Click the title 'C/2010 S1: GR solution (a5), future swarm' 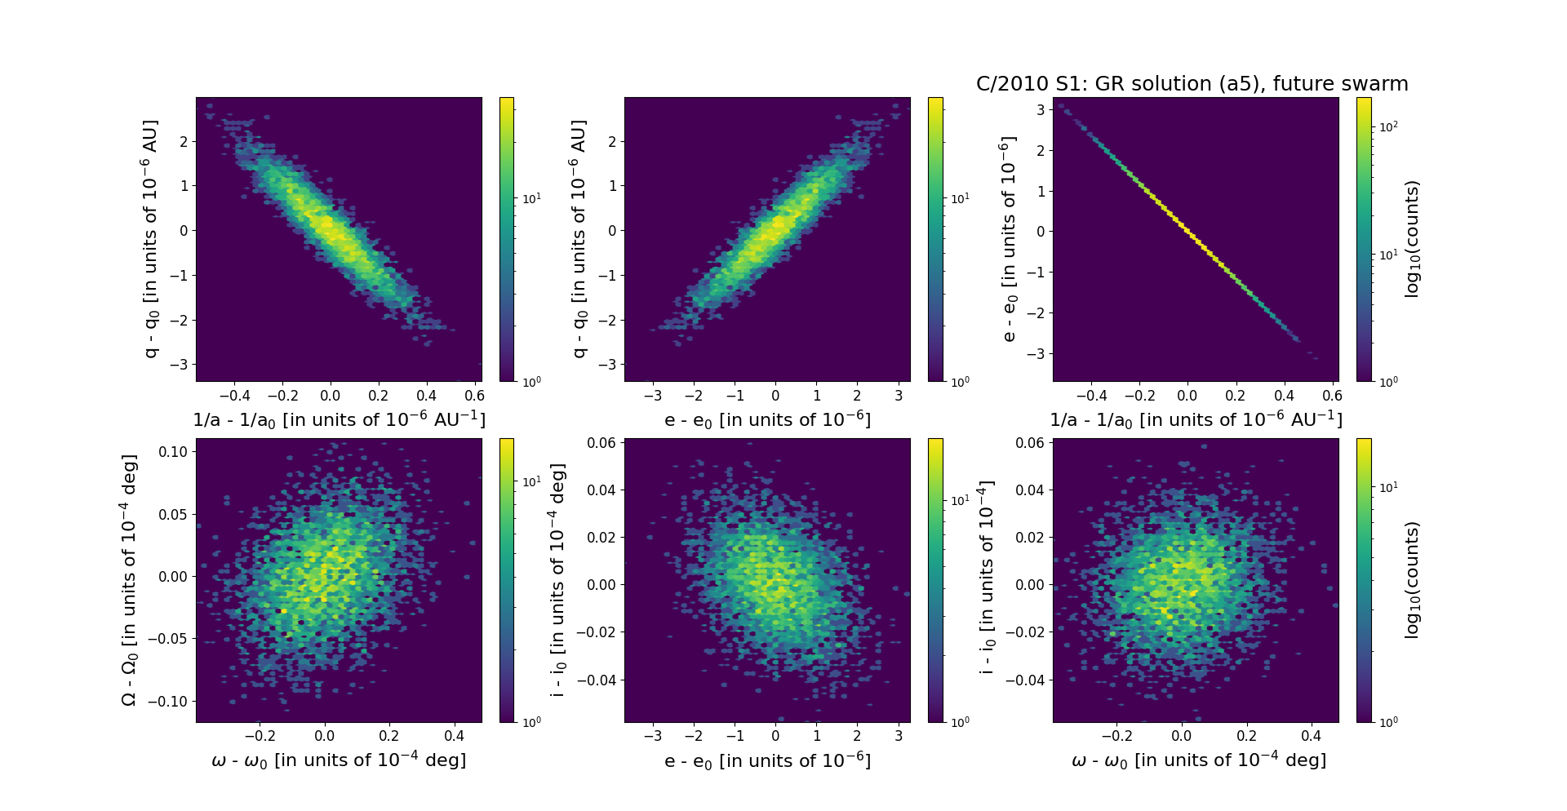[x=1192, y=84]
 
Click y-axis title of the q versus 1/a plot [x=151, y=239]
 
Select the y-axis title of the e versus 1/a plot [x=1009, y=239]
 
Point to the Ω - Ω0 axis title [x=129, y=580]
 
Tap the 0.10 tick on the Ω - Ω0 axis [x=174, y=452]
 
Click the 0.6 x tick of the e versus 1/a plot [x=1332, y=396]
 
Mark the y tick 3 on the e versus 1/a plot [x=1041, y=110]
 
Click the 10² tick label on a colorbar [x=1387, y=126]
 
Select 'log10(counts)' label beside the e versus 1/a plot [x=1413, y=239]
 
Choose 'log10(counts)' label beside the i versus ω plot [x=1413, y=580]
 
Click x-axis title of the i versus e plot [x=767, y=761]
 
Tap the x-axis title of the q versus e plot [x=767, y=420]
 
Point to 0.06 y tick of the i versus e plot [x=601, y=443]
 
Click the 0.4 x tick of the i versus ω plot [x=1311, y=736]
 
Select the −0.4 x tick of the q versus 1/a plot [x=234, y=396]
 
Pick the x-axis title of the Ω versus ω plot [x=339, y=761]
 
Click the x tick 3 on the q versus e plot [x=898, y=396]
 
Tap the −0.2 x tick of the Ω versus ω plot [x=260, y=736]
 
